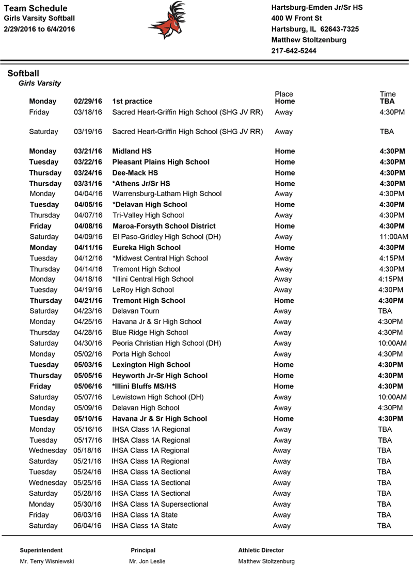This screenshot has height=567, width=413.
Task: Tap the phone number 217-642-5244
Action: pos(294,51)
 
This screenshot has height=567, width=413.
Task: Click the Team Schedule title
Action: pos(35,8)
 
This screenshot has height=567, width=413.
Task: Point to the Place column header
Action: pos(284,94)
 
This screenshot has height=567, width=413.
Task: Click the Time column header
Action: pos(388,94)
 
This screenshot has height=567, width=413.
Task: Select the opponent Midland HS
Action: pos(132,151)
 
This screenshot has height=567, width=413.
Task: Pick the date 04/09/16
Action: pos(88,237)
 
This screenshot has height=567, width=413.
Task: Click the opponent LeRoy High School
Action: pos(143,290)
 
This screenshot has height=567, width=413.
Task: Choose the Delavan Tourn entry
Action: pos(136,311)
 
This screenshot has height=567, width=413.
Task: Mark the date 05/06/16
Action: pos(88,386)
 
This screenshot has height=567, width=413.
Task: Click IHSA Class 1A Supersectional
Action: pos(160,504)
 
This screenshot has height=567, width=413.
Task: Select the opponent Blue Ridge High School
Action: pos(150,333)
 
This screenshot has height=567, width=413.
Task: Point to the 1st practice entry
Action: pos(132,101)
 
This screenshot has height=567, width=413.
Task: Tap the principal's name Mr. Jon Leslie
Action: pos(147,561)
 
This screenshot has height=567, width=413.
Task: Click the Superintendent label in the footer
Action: pos(41,550)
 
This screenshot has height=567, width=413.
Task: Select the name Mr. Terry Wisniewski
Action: pos(47,561)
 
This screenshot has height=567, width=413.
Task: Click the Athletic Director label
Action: pos(261,550)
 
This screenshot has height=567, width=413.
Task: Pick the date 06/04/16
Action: pos(88,526)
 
